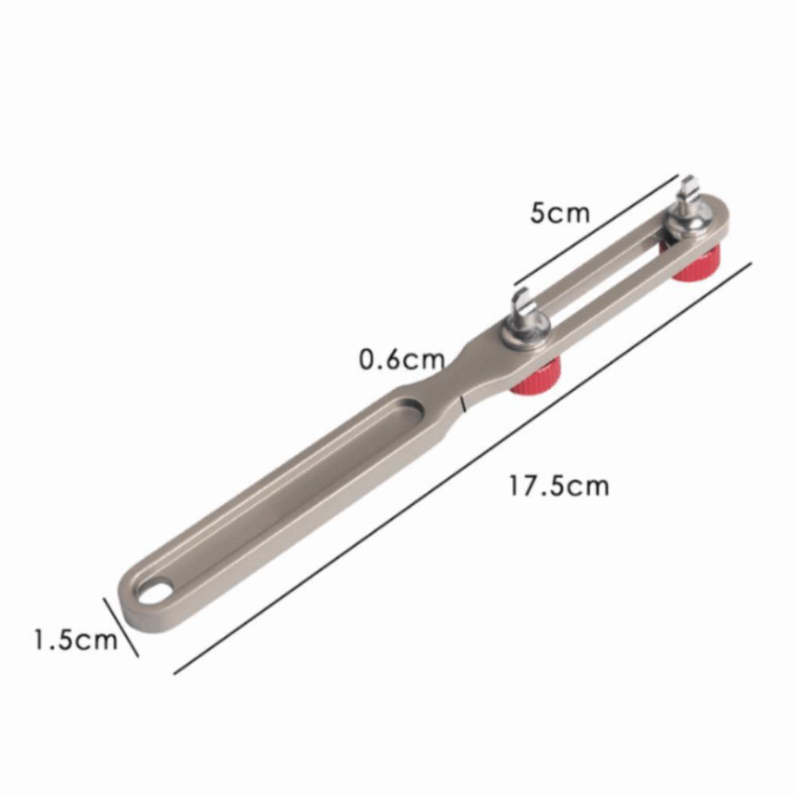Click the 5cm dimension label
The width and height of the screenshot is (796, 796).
pos(560,213)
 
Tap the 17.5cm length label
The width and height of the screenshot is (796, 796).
pos(559,486)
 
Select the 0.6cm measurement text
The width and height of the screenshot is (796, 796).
pos(401,360)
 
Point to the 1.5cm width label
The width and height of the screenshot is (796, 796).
pos(76,638)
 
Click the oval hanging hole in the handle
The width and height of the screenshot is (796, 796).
pos(156,592)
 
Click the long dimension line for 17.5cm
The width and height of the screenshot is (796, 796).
pos(462,468)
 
